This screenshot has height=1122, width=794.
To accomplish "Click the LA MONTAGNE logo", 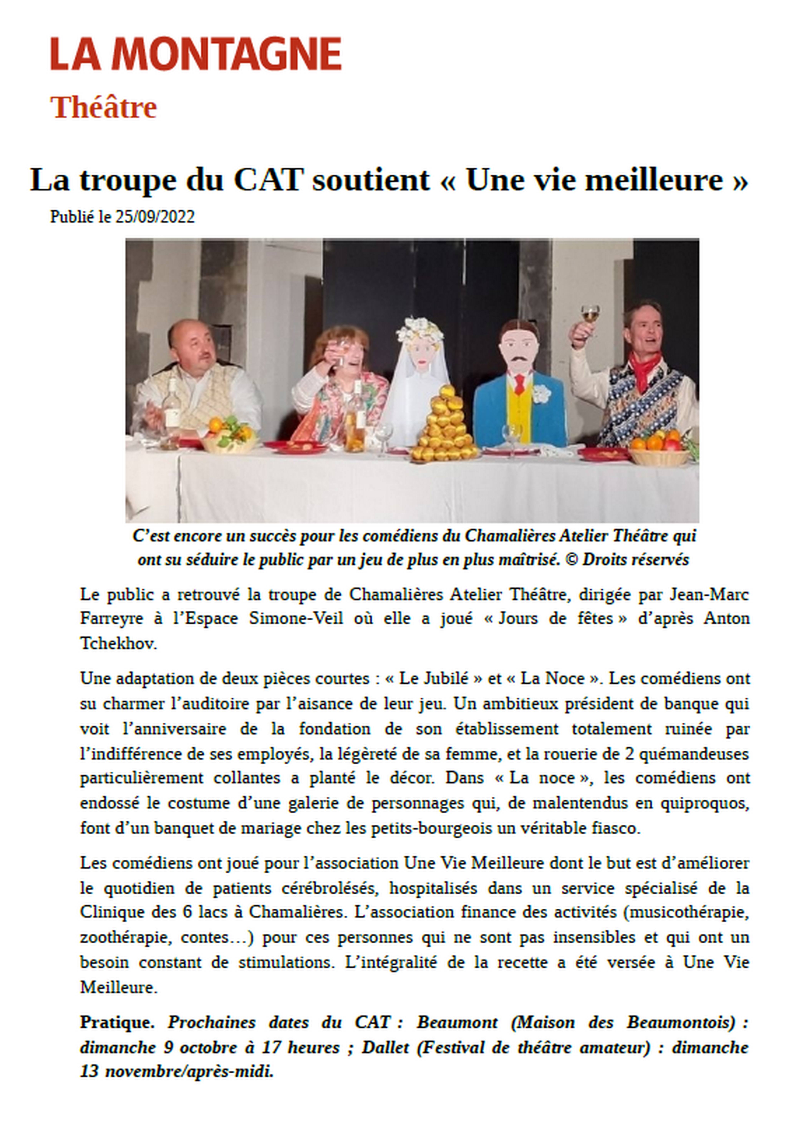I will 196,54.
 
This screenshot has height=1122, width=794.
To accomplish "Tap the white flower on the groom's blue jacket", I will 541,393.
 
